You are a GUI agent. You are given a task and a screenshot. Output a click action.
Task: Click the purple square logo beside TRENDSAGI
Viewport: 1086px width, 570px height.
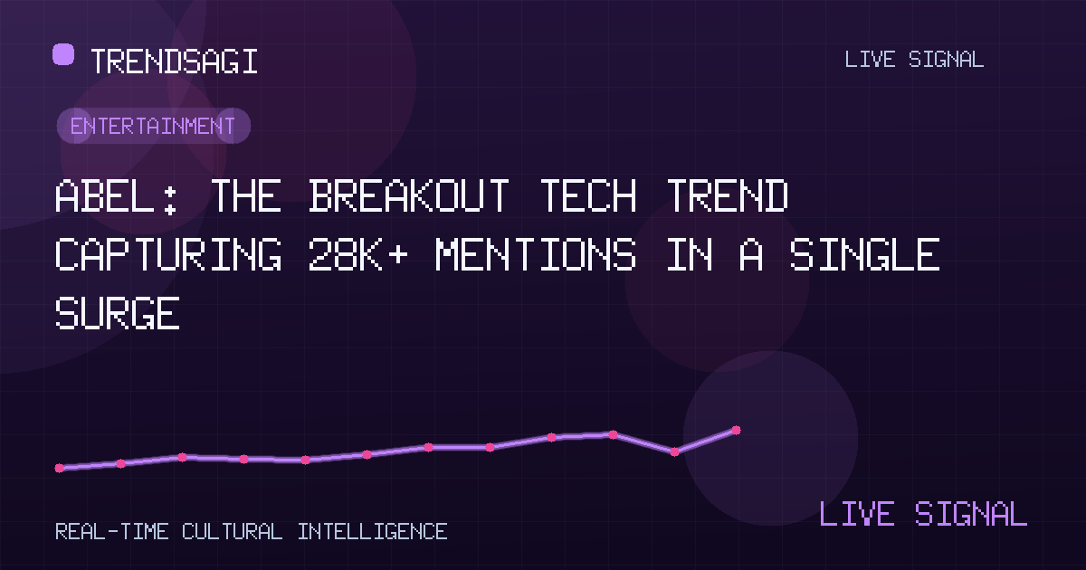(x=63, y=54)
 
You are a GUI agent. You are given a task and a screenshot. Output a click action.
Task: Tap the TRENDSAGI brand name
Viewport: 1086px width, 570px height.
(x=174, y=62)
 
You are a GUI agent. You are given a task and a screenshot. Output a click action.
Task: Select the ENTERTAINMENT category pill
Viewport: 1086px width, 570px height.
(x=154, y=126)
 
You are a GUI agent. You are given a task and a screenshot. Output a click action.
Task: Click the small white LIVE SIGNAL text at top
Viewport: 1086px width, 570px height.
(x=914, y=60)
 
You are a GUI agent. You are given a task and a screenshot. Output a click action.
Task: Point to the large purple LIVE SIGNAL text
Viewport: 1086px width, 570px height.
(x=922, y=514)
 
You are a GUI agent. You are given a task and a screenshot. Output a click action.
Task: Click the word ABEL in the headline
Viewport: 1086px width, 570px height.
(x=104, y=195)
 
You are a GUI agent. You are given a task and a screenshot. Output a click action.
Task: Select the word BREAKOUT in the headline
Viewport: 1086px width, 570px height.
(x=409, y=195)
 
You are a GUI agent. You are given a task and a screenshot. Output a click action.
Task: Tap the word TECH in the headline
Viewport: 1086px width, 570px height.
(x=587, y=195)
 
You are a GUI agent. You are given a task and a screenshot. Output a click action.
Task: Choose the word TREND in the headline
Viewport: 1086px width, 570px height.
(x=728, y=195)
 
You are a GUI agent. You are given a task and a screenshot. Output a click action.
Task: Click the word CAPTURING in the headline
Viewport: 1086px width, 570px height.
(x=168, y=254)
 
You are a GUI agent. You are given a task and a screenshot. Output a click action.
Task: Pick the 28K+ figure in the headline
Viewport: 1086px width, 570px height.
(x=357, y=254)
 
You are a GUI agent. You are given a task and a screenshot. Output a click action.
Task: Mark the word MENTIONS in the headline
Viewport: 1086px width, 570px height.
(x=535, y=254)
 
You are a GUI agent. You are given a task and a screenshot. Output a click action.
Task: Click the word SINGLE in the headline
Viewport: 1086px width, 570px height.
(x=864, y=254)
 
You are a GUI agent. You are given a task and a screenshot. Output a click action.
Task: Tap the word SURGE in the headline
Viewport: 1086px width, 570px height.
(x=118, y=313)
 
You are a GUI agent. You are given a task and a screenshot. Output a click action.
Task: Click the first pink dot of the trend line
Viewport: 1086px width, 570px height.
(x=60, y=469)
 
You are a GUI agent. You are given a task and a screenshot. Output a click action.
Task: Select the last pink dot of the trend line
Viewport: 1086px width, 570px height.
(x=736, y=430)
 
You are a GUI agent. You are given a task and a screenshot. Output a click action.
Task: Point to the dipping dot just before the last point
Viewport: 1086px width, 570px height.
(x=674, y=452)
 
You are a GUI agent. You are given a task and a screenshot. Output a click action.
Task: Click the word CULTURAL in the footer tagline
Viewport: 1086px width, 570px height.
(x=232, y=532)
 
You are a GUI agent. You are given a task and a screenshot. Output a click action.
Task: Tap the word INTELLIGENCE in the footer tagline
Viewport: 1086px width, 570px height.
(x=372, y=532)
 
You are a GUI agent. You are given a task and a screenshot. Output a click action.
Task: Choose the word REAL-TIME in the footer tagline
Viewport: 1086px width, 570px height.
(x=112, y=532)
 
